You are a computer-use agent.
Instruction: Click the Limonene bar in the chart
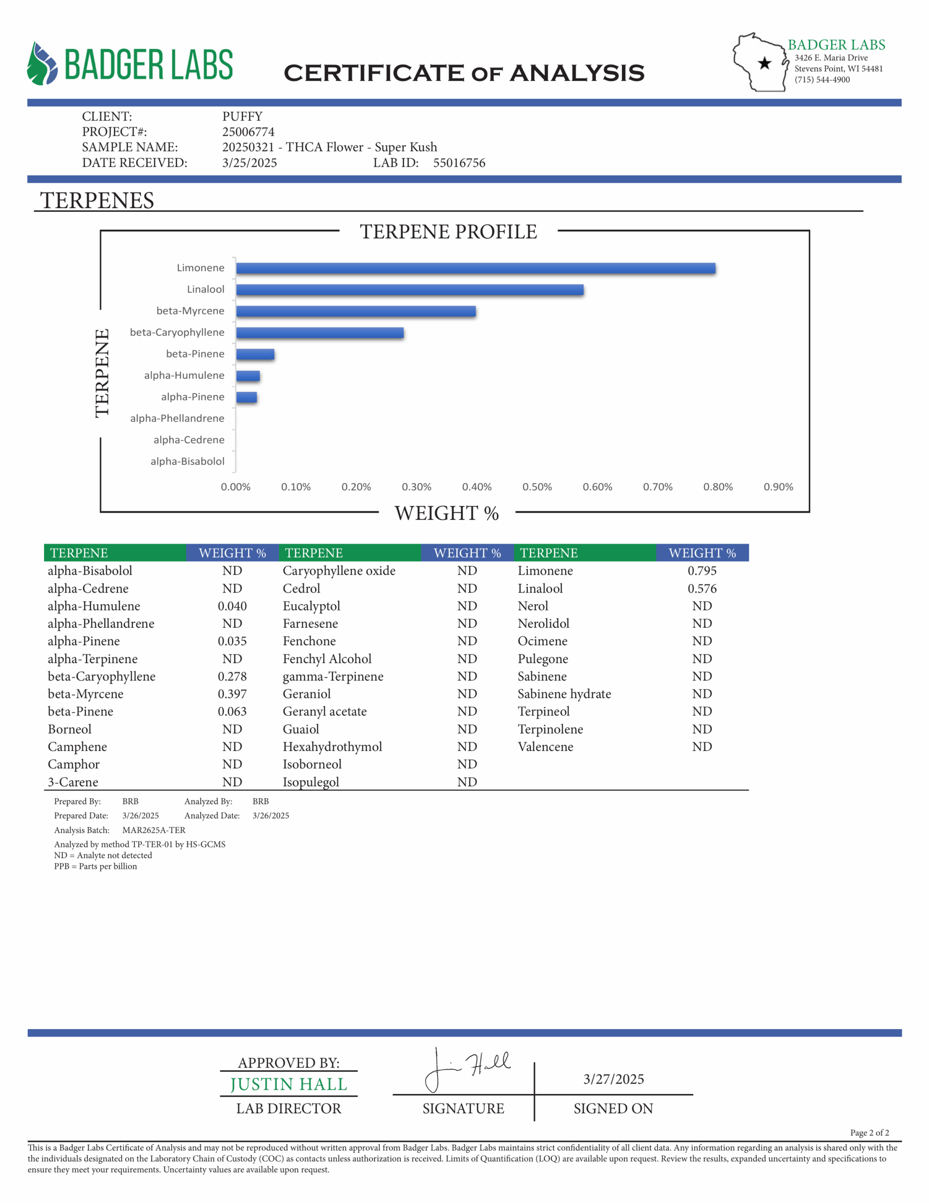476,268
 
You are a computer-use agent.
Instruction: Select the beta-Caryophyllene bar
320,333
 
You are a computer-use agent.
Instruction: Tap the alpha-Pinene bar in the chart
247,397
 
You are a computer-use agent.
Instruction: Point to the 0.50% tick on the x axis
537,487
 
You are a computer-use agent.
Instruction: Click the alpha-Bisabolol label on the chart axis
187,461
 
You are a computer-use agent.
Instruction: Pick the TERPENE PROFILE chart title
448,232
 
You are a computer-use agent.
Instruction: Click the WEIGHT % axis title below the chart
447,513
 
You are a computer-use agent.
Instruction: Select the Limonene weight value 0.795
702,570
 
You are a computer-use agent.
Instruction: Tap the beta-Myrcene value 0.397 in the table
232,694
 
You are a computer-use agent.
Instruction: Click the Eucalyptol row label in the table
311,606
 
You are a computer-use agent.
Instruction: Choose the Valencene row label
545,747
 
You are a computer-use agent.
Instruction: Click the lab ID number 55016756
459,163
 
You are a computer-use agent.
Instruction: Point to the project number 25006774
248,132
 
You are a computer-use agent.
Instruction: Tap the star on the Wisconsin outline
764,63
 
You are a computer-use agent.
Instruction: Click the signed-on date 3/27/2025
613,1079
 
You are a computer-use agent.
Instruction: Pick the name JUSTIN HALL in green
288,1085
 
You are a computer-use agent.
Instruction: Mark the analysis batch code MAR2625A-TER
154,830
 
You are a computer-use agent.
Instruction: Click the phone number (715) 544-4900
821,80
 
